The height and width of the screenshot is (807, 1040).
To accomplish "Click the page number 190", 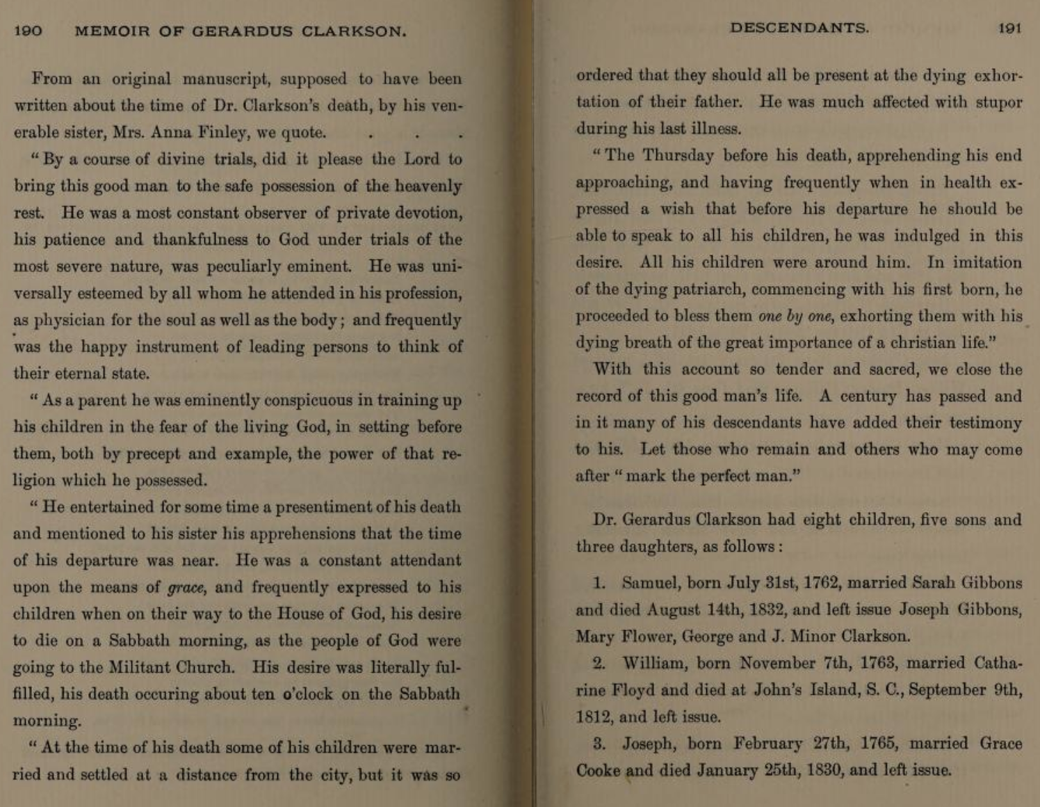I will (x=28, y=31).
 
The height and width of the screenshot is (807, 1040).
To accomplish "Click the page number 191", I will (x=1009, y=28).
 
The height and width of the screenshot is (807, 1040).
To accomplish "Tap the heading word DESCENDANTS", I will (x=799, y=28).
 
